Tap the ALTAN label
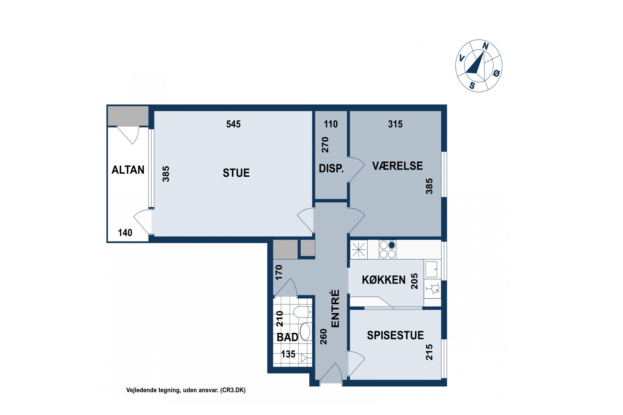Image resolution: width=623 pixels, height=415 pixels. [128, 170]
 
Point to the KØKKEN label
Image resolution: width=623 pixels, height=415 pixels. [384, 280]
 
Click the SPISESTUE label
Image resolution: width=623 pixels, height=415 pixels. [395, 335]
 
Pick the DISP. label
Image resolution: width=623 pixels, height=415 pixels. [331, 168]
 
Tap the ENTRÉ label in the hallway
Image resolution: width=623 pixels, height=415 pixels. [335, 309]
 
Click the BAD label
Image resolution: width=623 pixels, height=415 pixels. [287, 337]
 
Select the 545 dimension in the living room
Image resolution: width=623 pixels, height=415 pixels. [233, 124]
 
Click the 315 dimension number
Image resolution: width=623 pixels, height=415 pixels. [395, 124]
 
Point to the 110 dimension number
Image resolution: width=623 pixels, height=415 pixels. [331, 124]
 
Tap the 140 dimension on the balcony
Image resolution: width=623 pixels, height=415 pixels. [125, 233]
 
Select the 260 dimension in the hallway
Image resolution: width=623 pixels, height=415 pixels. [323, 337]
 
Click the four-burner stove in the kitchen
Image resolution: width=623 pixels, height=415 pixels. [388, 250]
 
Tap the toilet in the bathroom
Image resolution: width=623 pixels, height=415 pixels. [303, 312]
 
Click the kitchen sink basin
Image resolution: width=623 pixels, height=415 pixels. [431, 269]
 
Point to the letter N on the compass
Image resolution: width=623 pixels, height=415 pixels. [485, 46]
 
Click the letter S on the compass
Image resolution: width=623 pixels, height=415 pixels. [472, 85]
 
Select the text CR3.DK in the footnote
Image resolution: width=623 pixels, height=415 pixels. [233, 390]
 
